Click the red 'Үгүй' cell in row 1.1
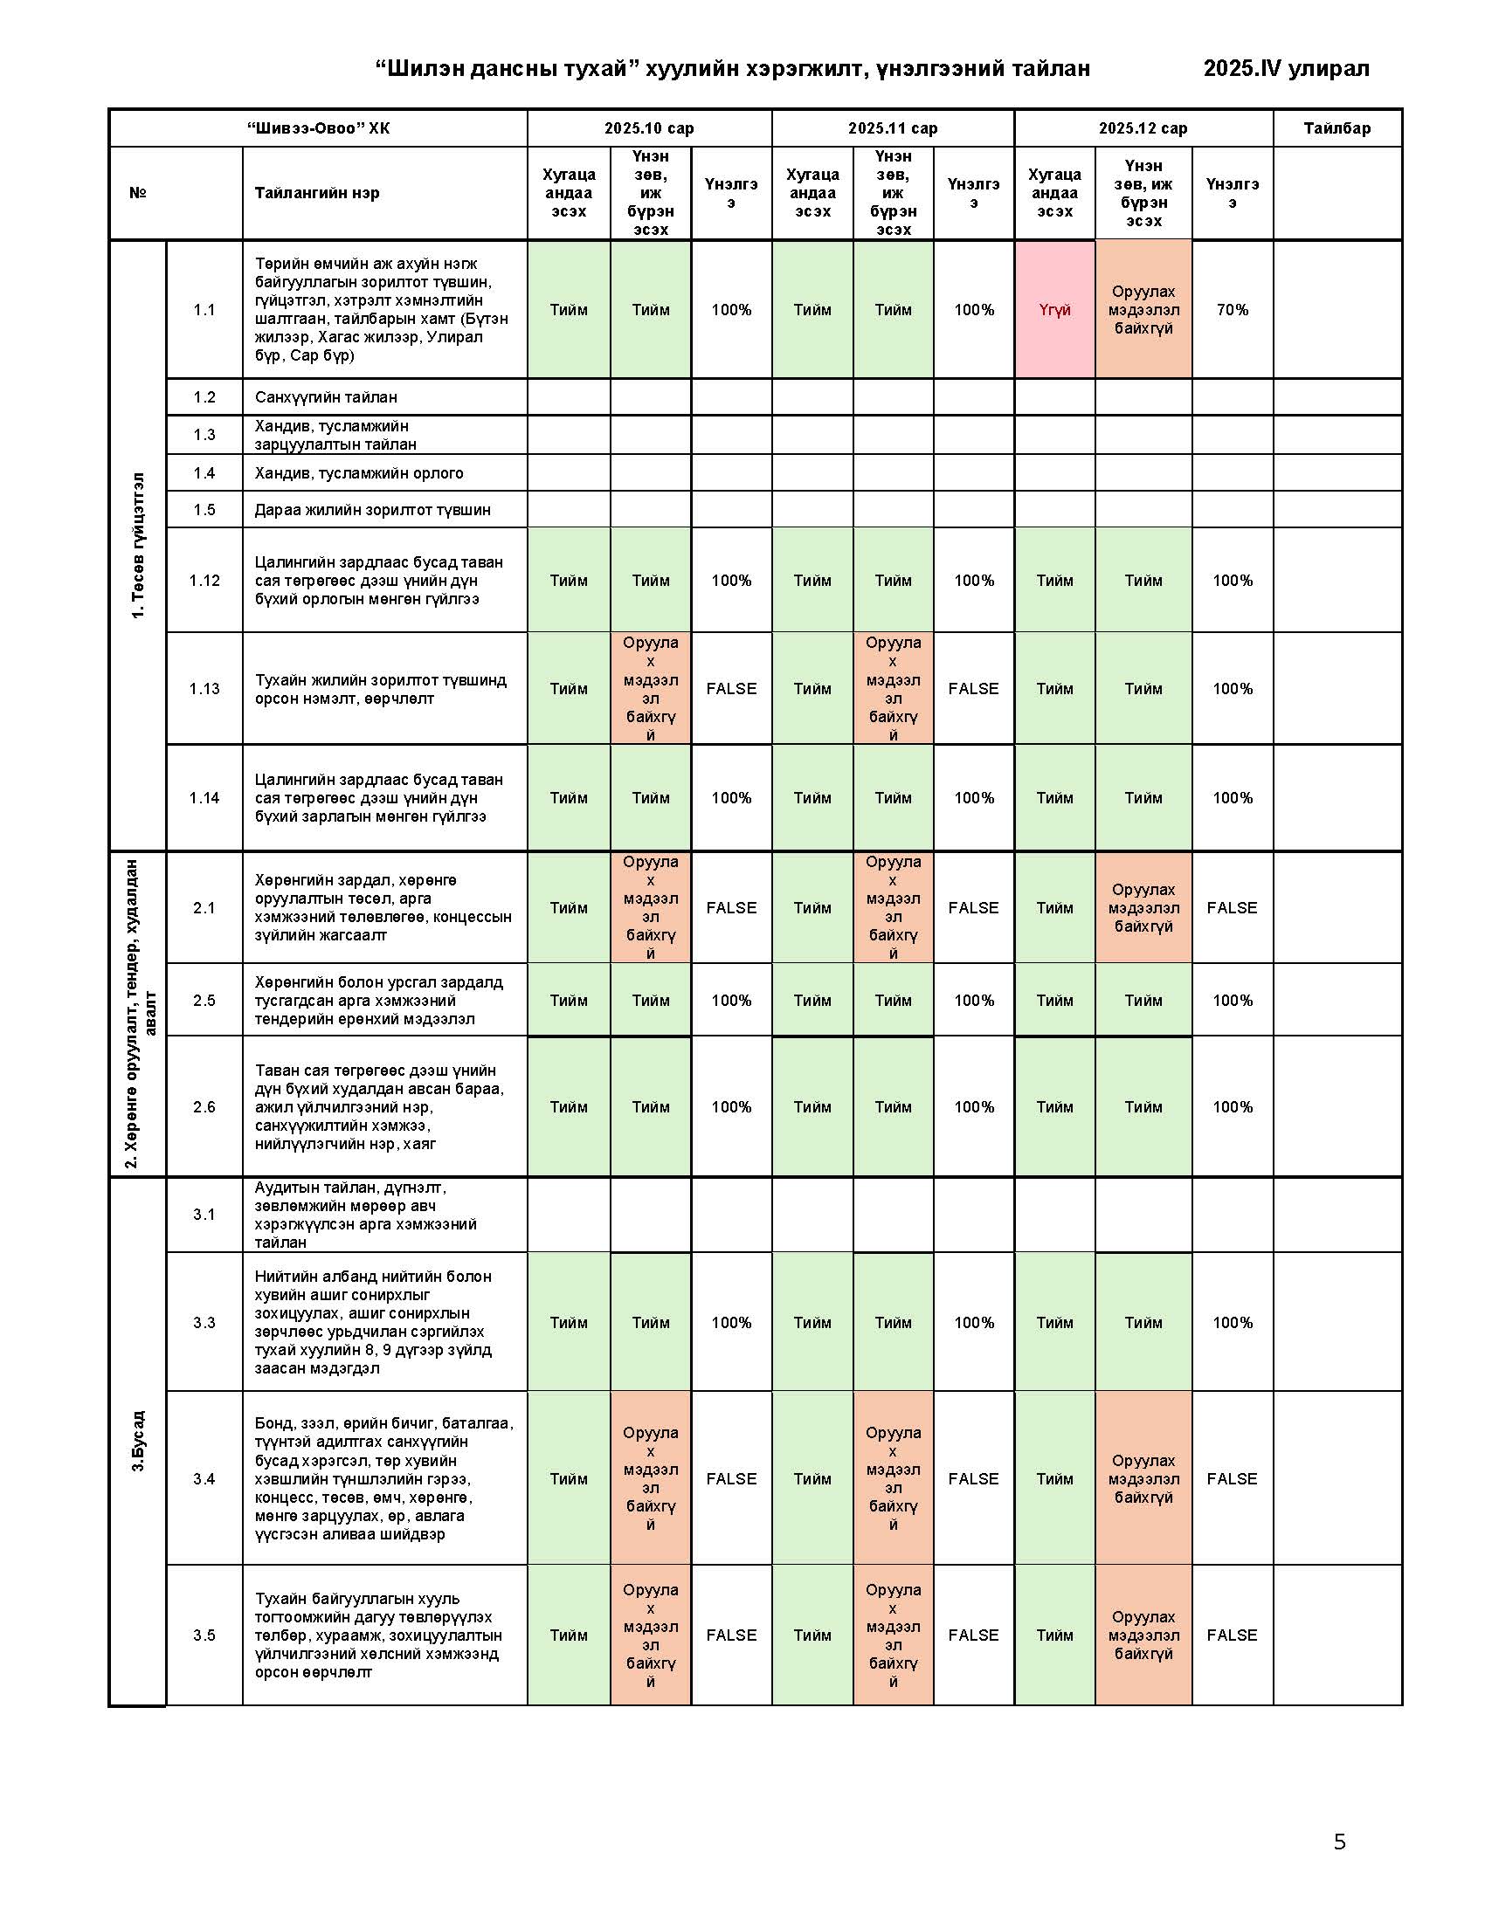tap(1054, 310)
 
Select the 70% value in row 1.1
tap(1232, 310)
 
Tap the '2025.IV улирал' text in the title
tap(1285, 69)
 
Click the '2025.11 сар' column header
tap(892, 128)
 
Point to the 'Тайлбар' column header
tap(1336, 128)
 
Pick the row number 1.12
tap(204, 581)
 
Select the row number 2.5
tap(204, 1000)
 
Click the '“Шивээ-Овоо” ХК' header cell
tap(319, 128)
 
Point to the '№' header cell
tap(138, 194)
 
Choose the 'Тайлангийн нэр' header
tap(317, 194)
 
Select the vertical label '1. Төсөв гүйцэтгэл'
tap(138, 546)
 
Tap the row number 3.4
tap(204, 1478)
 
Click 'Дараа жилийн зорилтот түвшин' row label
tap(373, 510)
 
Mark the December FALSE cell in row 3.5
tap(1232, 1635)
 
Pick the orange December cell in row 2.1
tap(1143, 908)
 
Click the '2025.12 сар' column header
tap(1143, 128)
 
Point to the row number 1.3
tap(204, 435)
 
